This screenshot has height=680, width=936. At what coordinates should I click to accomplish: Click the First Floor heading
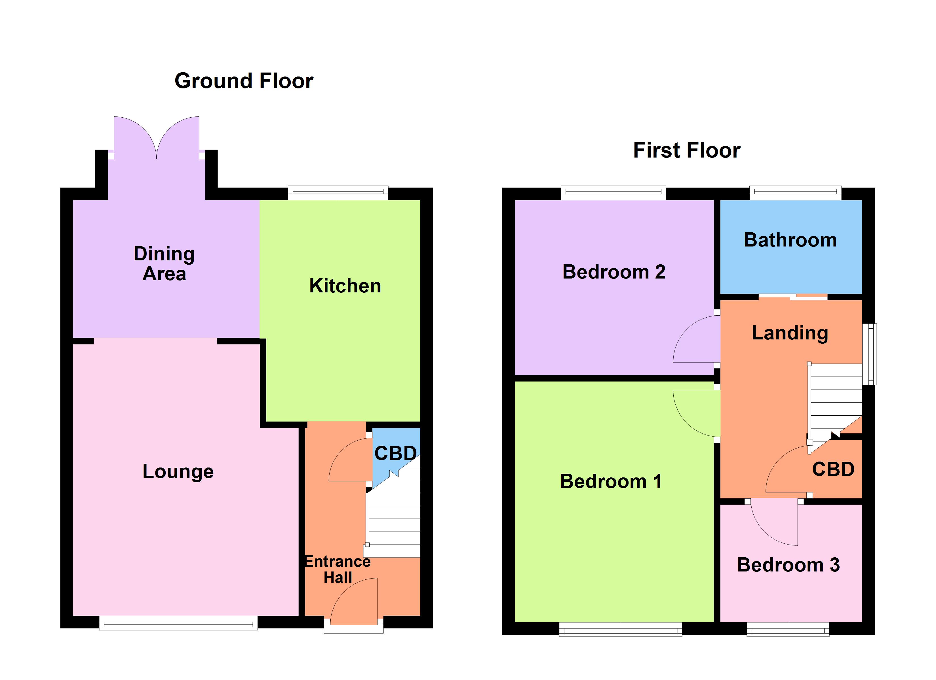click(686, 150)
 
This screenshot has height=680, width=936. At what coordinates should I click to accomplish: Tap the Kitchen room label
click(345, 286)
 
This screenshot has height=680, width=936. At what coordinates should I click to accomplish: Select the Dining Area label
click(164, 263)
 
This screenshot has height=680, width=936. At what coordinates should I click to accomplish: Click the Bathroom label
click(790, 240)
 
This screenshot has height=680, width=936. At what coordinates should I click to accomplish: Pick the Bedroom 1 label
click(610, 481)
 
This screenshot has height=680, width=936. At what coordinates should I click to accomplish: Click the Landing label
click(789, 333)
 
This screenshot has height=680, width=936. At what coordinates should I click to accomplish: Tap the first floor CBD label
click(833, 469)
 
